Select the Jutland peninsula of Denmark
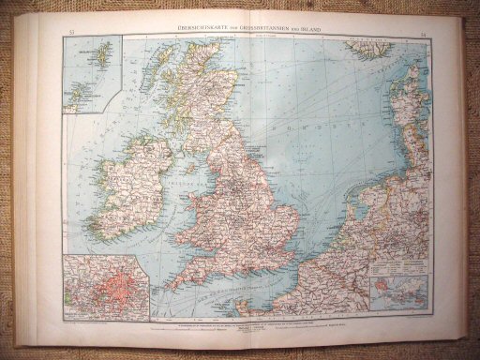tap(412, 112)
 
